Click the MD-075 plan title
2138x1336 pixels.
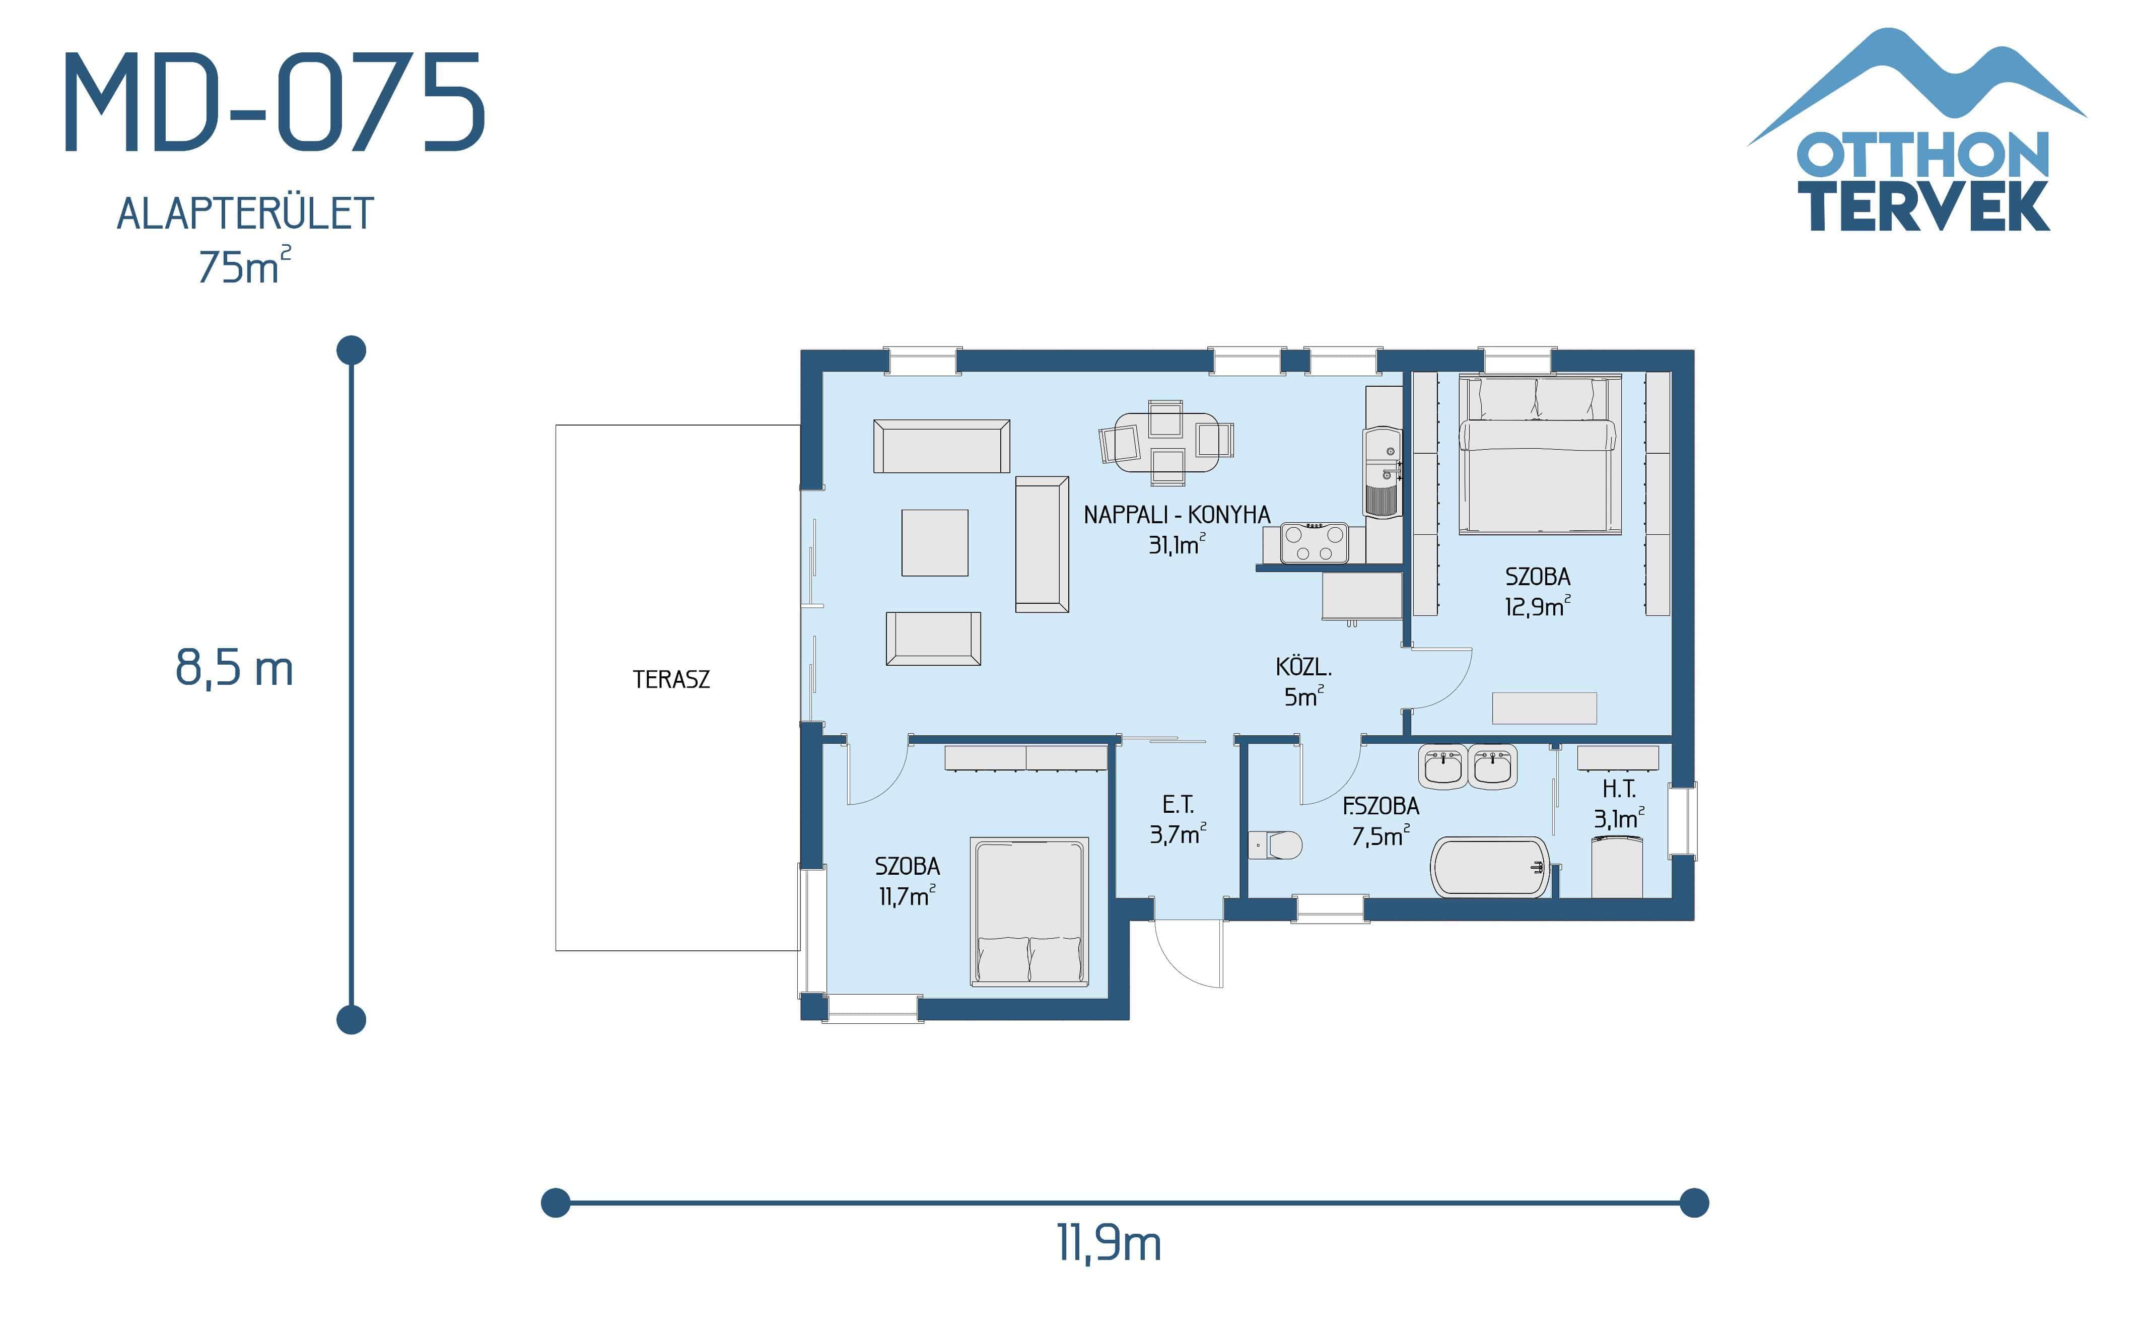(274, 103)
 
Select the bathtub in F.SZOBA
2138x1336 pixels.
(1489, 867)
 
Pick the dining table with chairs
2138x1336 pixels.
(1166, 441)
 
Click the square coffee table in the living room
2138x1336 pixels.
(935, 542)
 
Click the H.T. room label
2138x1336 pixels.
(1619, 789)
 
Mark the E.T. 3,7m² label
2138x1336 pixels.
(1178, 819)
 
